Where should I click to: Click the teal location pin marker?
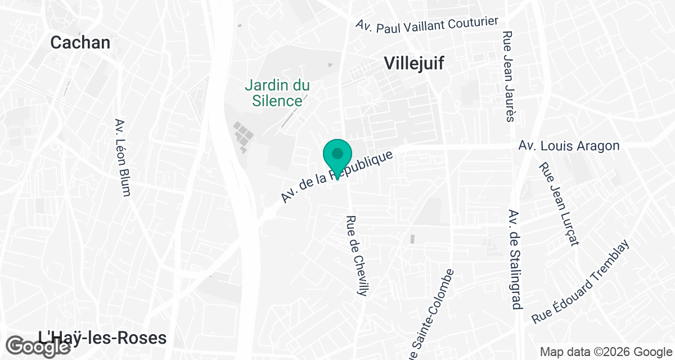click(x=337, y=157)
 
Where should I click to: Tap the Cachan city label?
click(x=80, y=42)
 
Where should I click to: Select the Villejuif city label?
click(x=414, y=64)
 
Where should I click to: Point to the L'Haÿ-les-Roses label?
click(x=102, y=338)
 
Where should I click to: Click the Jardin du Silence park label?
click(x=277, y=93)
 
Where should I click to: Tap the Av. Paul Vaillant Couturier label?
click(x=427, y=24)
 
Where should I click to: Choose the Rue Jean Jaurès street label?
click(x=509, y=76)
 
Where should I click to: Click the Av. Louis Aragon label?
click(x=569, y=146)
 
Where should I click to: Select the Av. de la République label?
click(x=336, y=177)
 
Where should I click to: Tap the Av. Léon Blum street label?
click(x=122, y=157)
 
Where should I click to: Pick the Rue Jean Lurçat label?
click(x=559, y=204)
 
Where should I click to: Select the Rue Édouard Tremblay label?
click(x=581, y=282)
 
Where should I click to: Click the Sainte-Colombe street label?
click(x=432, y=315)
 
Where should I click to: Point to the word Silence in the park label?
click(x=277, y=101)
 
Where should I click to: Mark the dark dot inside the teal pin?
click(x=337, y=153)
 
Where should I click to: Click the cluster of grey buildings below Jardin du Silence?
click(x=243, y=137)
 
